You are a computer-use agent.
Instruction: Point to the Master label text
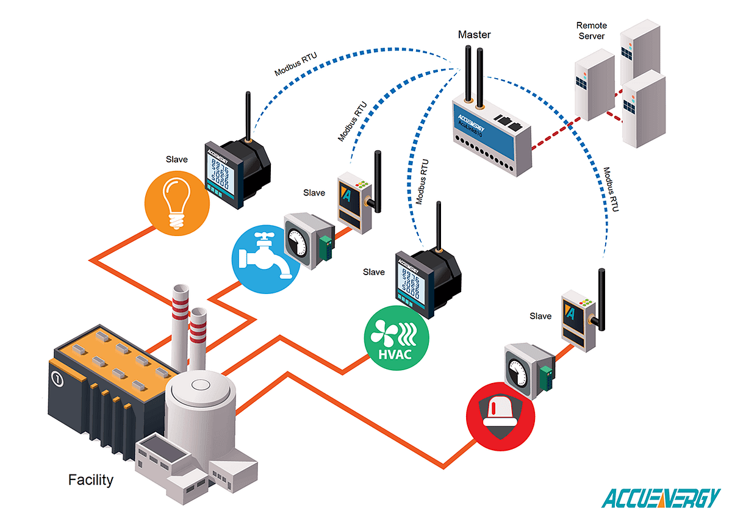point(474,35)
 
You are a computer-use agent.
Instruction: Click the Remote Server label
point(591,31)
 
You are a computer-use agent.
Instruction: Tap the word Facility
point(91,480)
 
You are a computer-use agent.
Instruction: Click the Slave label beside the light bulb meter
point(176,160)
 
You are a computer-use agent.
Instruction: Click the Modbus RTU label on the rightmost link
point(611,190)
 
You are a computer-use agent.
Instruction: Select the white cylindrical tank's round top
point(201,385)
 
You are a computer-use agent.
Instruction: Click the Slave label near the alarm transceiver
point(540,316)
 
